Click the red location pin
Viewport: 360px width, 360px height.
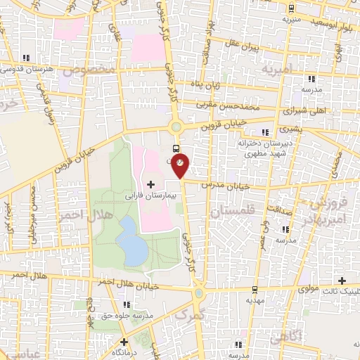tap(181, 164)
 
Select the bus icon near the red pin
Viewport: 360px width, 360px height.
tap(175, 148)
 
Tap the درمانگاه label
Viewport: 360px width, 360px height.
tap(124, 351)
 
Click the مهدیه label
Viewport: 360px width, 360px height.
tap(255, 300)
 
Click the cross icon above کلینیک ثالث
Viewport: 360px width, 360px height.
tap(342, 280)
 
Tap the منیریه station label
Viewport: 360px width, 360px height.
tap(291, 19)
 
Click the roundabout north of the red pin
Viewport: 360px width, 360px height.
tap(176, 127)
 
